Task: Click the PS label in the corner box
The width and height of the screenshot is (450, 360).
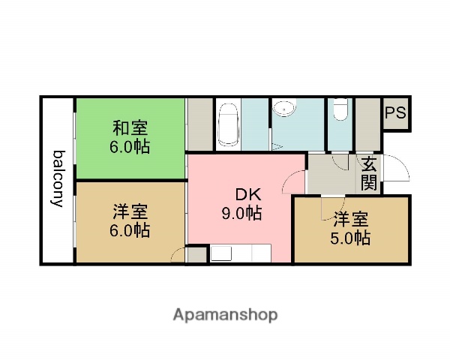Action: click(395, 113)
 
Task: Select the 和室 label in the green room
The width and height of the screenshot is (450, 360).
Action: click(130, 127)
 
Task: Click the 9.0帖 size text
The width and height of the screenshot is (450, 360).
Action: click(241, 213)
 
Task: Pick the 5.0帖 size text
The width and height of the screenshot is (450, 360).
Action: click(351, 238)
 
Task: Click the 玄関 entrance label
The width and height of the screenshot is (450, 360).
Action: click(368, 172)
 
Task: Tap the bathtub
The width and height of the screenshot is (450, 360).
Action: click(229, 125)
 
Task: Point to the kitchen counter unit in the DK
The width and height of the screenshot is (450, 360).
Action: click(240, 253)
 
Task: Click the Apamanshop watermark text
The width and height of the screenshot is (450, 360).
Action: click(225, 314)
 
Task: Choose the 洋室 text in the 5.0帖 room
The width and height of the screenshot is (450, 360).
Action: click(351, 219)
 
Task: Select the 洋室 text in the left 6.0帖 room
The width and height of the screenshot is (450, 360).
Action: click(130, 211)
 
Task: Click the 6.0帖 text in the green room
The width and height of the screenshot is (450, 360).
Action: click(130, 146)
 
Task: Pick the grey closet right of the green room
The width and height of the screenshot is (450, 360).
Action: click(199, 124)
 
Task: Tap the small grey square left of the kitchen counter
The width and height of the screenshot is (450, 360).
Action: click(196, 255)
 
